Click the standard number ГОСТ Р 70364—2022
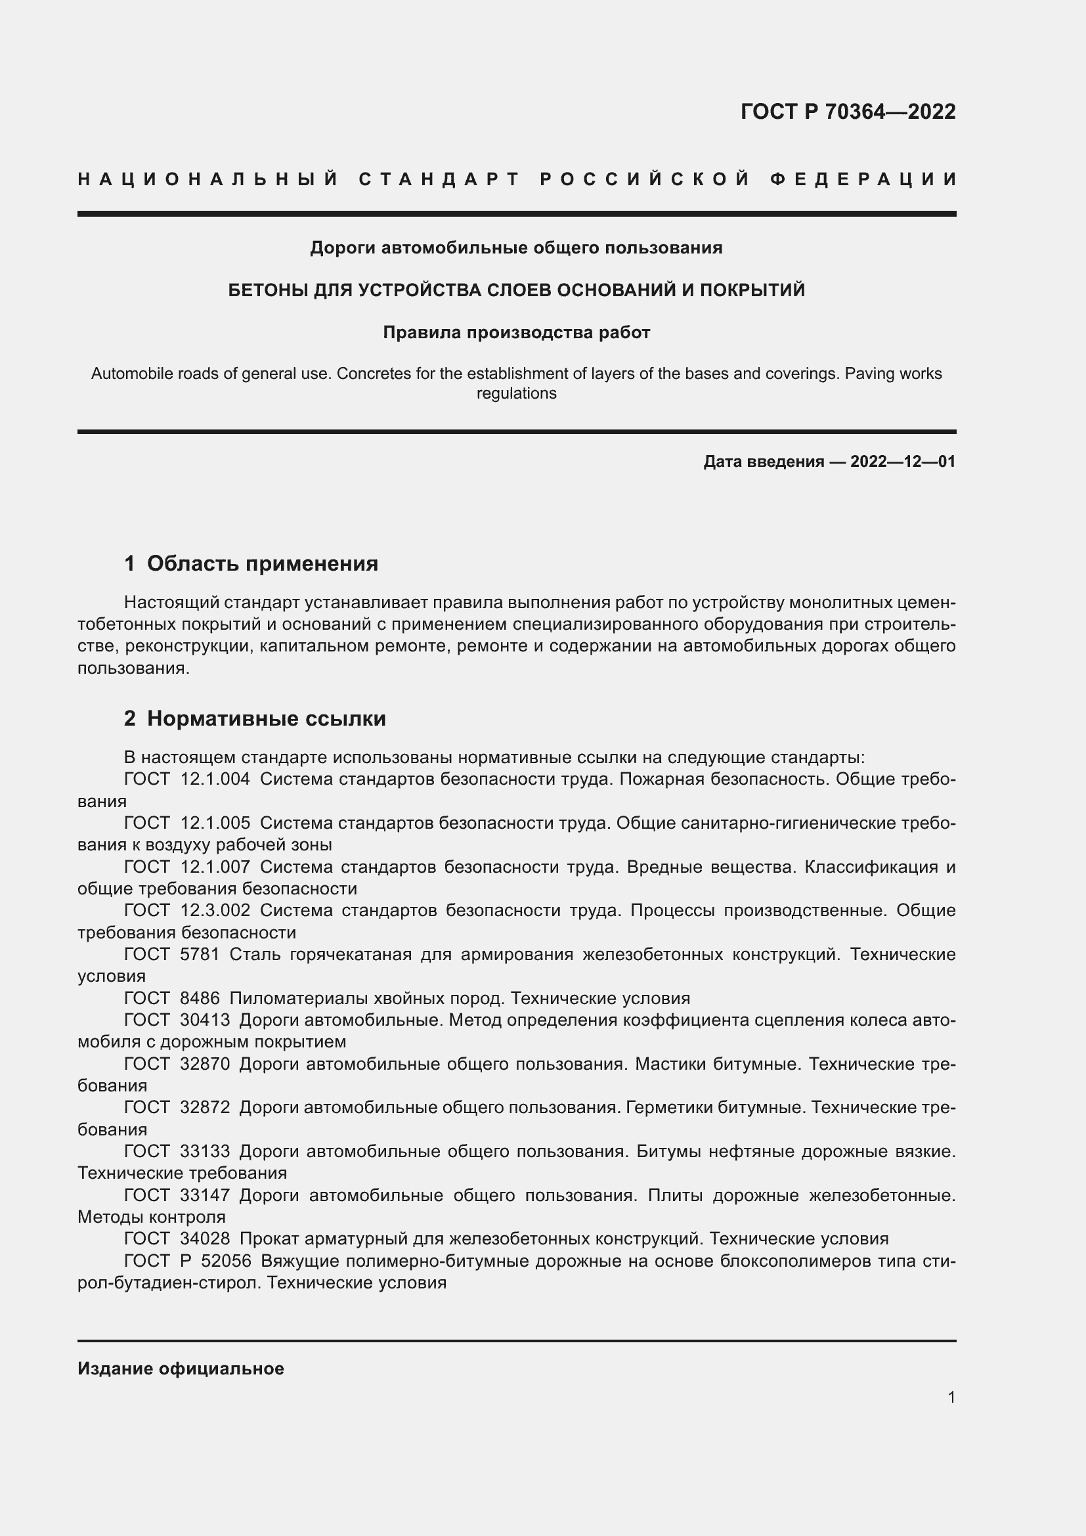tap(847, 112)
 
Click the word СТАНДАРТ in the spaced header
tap(439, 179)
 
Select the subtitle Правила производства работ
tap(516, 332)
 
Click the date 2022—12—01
tap(903, 462)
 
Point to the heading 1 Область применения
tap(251, 563)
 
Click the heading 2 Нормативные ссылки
tap(255, 718)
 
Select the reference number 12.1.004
tap(215, 779)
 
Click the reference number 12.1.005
tap(215, 823)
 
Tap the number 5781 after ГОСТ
tap(200, 954)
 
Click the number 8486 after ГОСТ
tap(200, 998)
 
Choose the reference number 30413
tap(205, 1020)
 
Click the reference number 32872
tap(205, 1107)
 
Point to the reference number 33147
tap(205, 1195)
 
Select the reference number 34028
tap(205, 1239)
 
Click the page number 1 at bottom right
tap(951, 1397)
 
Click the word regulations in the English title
tap(516, 393)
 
